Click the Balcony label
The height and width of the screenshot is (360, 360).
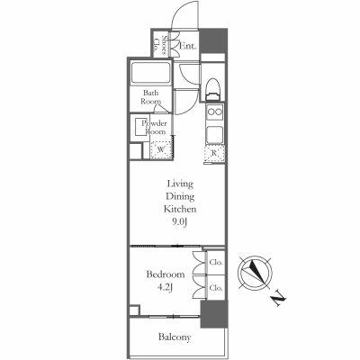pyautogui.click(x=175, y=337)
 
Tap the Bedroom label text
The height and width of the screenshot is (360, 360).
pyautogui.click(x=166, y=274)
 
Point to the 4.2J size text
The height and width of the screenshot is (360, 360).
pyautogui.click(x=166, y=288)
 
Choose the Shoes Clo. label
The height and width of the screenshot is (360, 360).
pyautogui.click(x=157, y=46)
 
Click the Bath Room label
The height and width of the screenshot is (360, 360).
pyautogui.click(x=150, y=97)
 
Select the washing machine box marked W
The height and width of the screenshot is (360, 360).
pyautogui.click(x=162, y=149)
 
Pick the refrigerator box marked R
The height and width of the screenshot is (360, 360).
pyautogui.click(x=213, y=153)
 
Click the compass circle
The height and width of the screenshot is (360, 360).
pyautogui.click(x=255, y=271)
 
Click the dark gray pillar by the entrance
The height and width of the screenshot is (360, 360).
pyautogui.click(x=213, y=41)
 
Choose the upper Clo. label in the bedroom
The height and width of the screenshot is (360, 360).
pyautogui.click(x=215, y=264)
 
